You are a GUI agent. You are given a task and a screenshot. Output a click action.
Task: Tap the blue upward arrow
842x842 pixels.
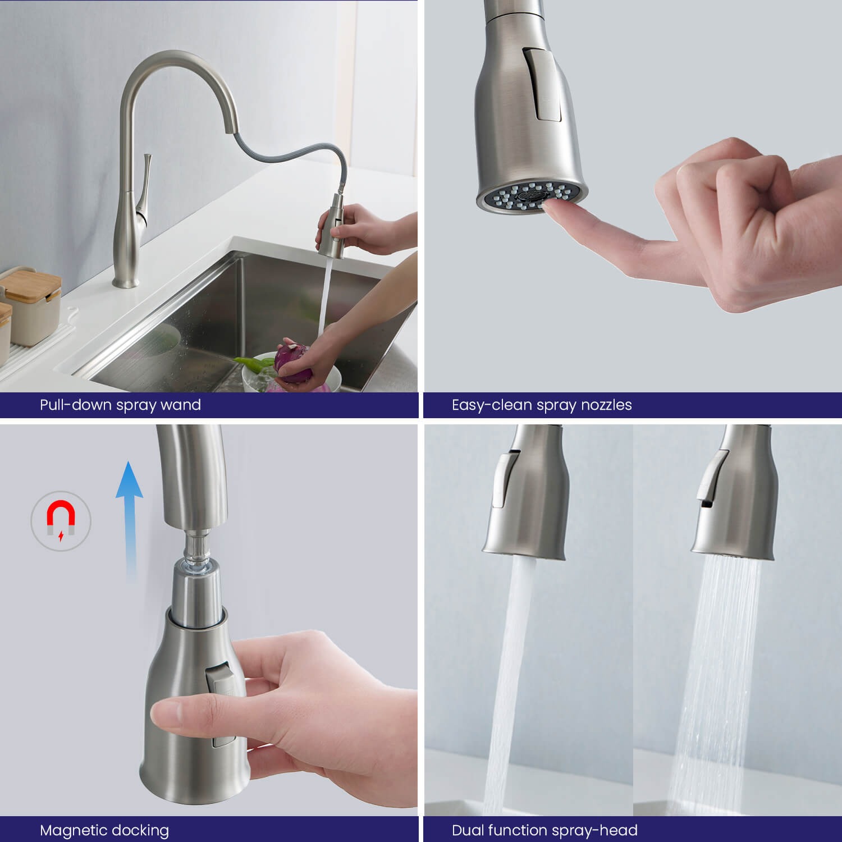[x=130, y=519]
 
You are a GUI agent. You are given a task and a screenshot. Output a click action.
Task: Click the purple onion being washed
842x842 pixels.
[x=293, y=364]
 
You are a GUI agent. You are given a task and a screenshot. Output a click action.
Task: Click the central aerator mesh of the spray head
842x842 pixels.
[x=530, y=195]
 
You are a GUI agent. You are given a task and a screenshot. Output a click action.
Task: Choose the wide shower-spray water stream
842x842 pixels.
[x=716, y=685]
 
